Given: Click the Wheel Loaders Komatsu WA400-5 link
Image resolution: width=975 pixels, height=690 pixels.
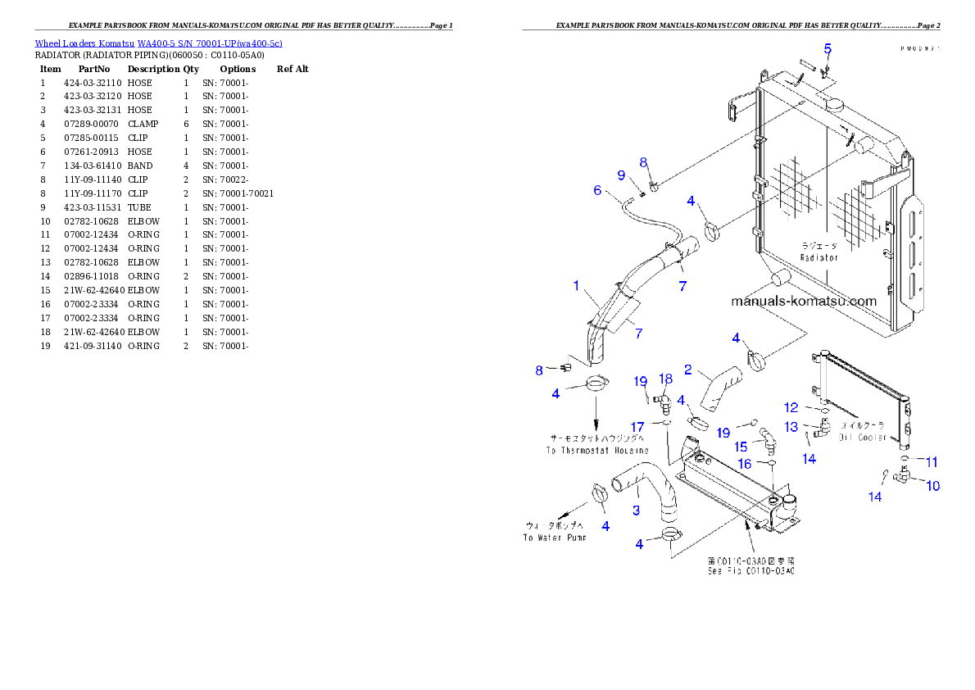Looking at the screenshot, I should click(158, 43).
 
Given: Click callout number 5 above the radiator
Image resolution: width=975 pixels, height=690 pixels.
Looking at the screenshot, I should click(828, 49).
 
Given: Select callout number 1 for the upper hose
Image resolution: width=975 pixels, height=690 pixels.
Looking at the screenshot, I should click(576, 286).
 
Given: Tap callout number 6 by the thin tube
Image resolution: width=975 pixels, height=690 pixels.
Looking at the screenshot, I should click(597, 191).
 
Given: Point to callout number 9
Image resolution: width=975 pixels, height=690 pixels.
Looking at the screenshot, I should click(621, 175).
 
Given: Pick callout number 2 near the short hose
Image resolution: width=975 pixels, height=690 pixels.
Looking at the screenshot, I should click(688, 370).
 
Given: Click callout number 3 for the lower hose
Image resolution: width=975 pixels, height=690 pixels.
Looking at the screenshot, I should click(636, 511).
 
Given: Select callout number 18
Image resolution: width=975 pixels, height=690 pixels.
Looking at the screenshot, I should click(666, 379).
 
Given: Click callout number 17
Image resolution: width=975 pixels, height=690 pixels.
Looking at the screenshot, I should click(637, 426).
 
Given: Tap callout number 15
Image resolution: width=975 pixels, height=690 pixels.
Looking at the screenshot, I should click(741, 447).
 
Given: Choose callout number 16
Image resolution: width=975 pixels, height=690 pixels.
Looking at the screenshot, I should click(744, 464).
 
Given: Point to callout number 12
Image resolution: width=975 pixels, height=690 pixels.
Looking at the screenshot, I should click(791, 407).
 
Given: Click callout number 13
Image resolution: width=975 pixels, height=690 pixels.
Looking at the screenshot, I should click(791, 427).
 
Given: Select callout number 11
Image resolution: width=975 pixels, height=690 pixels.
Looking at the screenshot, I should click(932, 462).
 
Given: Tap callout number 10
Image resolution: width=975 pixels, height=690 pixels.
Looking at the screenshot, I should click(932, 486).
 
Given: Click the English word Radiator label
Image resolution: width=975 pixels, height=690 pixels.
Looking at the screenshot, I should click(819, 257).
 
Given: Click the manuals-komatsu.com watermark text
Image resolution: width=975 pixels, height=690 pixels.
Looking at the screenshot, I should click(803, 301).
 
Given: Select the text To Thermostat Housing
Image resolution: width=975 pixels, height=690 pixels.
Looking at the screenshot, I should click(597, 451).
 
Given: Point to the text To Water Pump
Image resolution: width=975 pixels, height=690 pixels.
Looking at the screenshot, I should click(555, 538).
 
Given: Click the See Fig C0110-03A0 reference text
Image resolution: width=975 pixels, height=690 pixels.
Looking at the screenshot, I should click(751, 570).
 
